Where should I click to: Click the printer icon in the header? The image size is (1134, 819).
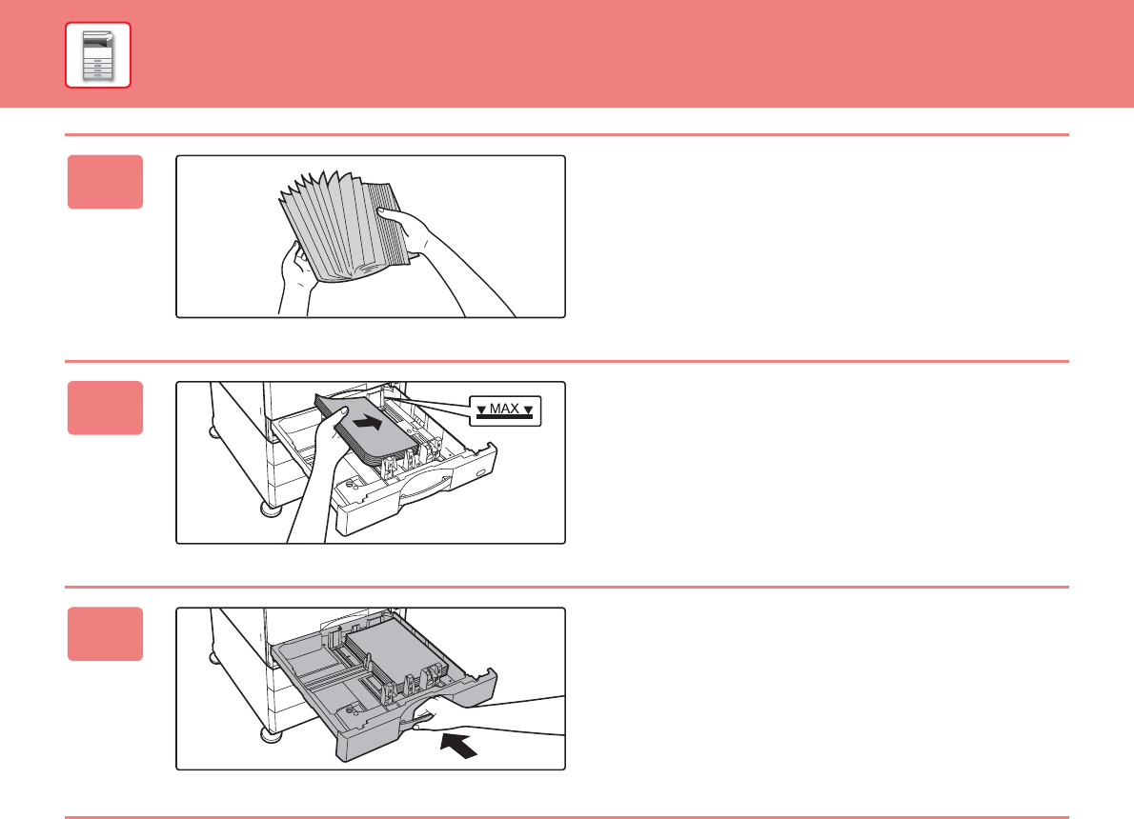click(97, 55)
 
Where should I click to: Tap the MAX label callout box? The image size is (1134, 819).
click(505, 411)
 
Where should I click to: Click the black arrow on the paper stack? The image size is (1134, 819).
click(368, 422)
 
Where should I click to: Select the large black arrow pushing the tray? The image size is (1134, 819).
click(458, 745)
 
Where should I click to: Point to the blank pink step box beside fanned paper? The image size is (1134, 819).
click(105, 182)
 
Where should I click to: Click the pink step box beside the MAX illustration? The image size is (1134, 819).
click(105, 408)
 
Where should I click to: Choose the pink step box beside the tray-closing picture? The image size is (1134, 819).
click(105, 634)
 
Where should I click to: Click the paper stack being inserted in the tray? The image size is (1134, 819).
click(366, 428)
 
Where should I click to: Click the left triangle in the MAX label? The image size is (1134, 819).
click(481, 410)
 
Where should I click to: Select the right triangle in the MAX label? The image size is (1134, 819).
click(529, 410)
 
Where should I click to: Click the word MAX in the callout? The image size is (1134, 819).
click(505, 409)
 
